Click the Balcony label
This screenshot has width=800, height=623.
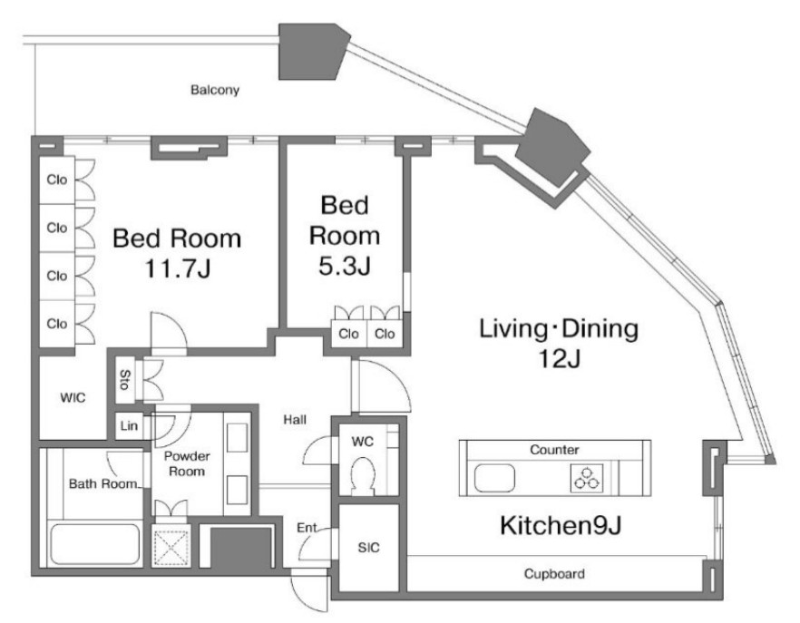(215, 91)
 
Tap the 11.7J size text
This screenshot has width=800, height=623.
(178, 268)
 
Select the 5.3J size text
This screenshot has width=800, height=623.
(345, 266)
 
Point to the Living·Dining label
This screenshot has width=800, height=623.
(559, 328)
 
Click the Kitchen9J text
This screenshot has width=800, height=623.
(561, 525)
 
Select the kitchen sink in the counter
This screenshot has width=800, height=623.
(494, 479)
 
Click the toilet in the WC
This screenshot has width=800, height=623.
(363, 474)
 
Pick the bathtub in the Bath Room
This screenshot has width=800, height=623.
(95, 544)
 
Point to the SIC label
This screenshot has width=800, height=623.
(368, 548)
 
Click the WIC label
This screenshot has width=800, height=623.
(73, 397)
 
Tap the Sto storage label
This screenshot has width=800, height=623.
(124, 380)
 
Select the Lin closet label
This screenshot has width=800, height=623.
(129, 425)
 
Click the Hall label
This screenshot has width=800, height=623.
(295, 420)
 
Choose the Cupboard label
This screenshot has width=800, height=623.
(554, 574)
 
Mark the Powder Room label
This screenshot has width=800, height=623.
(187, 463)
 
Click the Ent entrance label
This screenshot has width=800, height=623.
(307, 528)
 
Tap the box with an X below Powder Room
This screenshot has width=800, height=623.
(171, 545)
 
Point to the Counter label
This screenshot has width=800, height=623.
(554, 450)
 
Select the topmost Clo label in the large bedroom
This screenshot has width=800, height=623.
(56, 180)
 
